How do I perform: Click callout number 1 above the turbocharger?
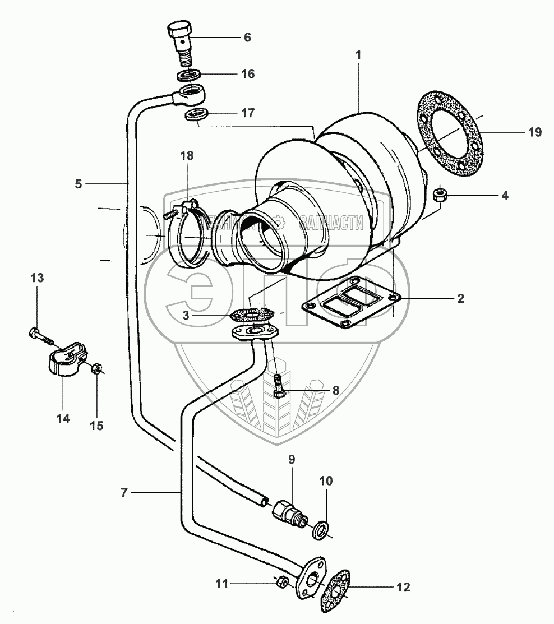coord(358,55)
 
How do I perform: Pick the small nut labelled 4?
coord(441,195)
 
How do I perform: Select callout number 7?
coord(124,492)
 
